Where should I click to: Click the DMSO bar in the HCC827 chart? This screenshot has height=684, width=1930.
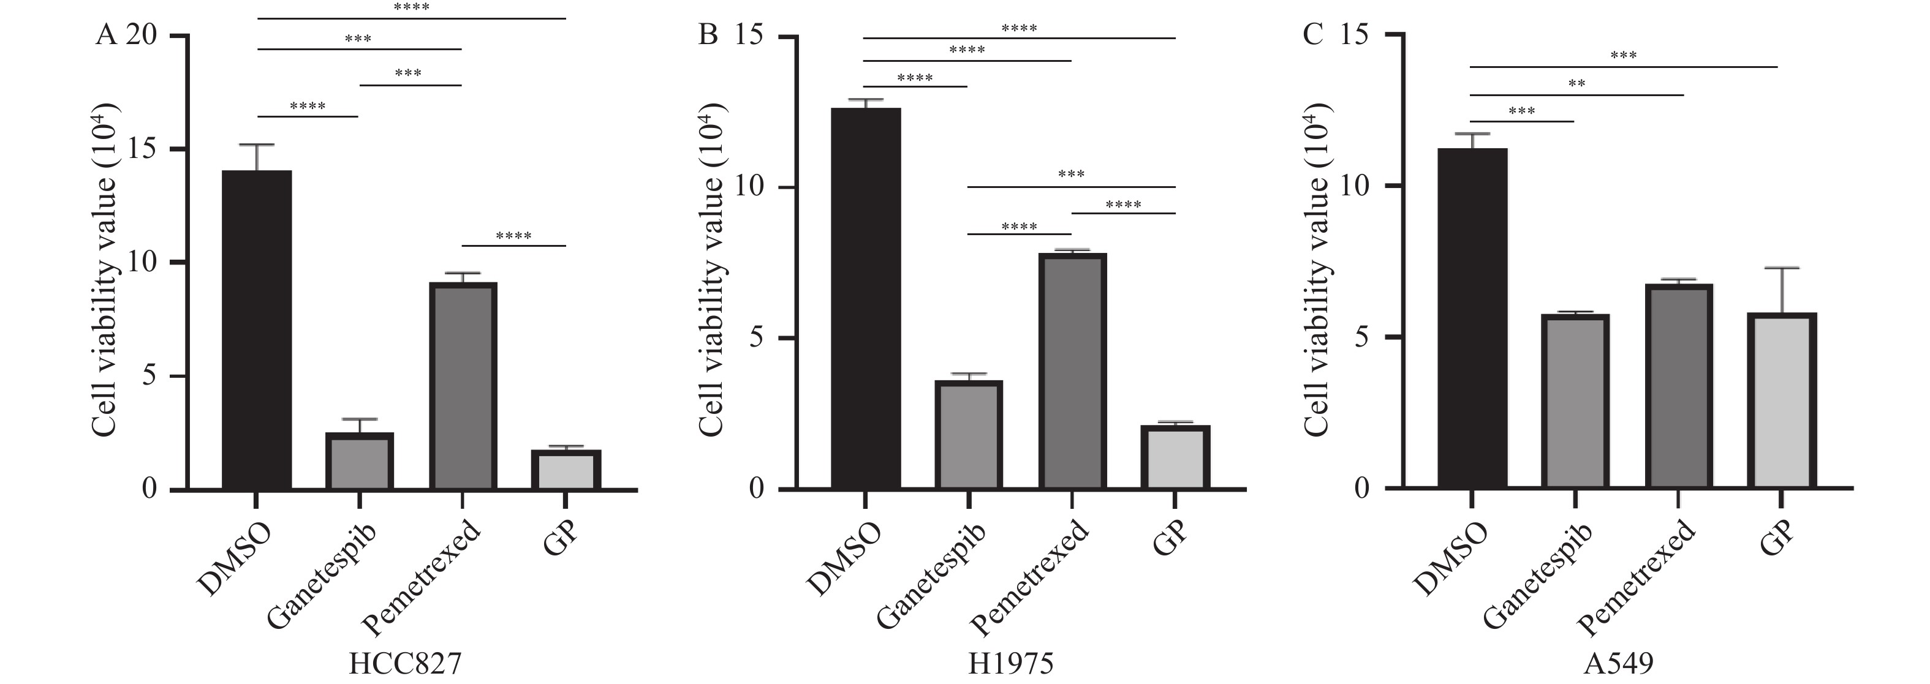[x=257, y=329]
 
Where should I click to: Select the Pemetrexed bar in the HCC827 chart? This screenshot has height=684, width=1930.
[x=462, y=386]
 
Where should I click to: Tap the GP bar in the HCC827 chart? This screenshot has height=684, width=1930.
[x=566, y=470]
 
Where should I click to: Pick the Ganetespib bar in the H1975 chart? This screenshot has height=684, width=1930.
[x=968, y=435]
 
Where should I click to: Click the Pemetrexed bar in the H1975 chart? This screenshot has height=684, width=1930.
[x=1072, y=371]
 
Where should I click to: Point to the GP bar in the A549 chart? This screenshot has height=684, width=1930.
[x=1781, y=401]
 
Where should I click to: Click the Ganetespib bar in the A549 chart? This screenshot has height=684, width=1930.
[x=1575, y=402]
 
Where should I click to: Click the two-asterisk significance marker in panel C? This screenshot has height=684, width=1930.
[x=1576, y=84]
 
